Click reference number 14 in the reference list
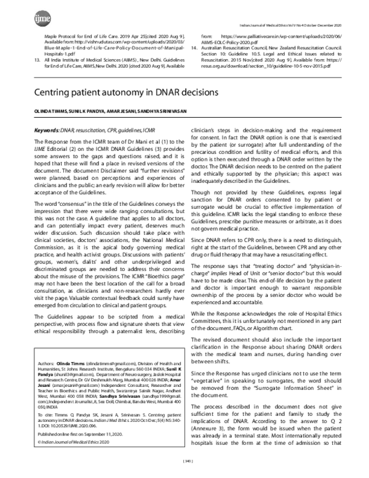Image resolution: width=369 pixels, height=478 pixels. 196,47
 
